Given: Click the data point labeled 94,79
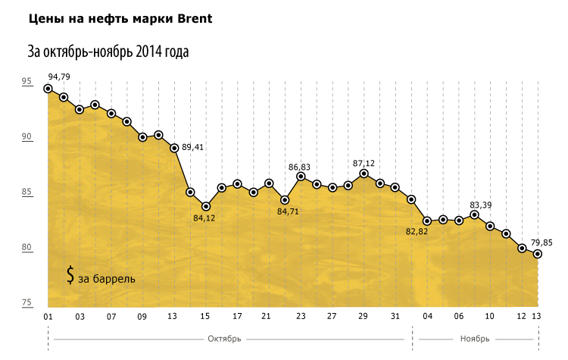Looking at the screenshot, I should (x=48, y=89).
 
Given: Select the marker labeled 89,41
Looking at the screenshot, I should (x=174, y=148).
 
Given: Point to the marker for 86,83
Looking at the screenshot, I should (x=301, y=177).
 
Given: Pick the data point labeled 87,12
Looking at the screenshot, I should (x=364, y=174).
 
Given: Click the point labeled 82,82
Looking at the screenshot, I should (x=427, y=221).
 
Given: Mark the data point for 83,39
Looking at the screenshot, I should (x=475, y=215).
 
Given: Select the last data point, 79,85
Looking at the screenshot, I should (x=538, y=254).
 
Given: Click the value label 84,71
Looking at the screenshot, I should (x=289, y=211).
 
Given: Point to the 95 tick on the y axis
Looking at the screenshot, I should (x=27, y=82).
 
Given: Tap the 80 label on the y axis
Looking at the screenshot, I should (x=27, y=248).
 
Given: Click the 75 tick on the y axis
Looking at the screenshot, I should (x=27, y=303).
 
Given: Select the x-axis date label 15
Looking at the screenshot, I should (x=205, y=316).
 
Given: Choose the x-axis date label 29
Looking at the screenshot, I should (x=364, y=316).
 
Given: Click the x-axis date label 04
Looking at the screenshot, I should (x=427, y=316).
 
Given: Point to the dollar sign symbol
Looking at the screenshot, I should (x=70, y=275).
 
